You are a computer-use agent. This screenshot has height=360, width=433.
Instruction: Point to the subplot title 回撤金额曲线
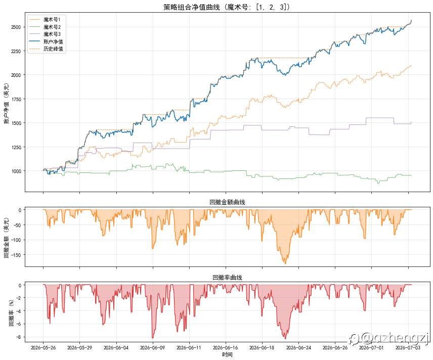click(227, 202)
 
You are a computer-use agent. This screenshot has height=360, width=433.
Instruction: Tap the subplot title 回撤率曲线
click(227, 278)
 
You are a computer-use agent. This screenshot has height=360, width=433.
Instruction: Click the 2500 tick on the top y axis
click(16, 27)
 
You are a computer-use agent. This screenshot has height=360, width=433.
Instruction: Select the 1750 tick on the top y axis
click(16, 99)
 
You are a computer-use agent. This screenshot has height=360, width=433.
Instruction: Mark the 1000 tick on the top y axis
click(16, 171)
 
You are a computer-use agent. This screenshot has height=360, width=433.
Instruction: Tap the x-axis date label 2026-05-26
click(43, 347)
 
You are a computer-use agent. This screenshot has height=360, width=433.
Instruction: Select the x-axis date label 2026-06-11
click(189, 347)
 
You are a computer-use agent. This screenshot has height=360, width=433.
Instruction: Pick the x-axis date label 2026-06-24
click(298, 347)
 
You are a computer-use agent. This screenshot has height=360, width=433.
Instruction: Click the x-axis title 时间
click(227, 354)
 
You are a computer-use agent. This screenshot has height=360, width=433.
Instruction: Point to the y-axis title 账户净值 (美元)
click(7, 103)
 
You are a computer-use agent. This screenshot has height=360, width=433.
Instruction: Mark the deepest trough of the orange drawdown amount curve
click(285, 263)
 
